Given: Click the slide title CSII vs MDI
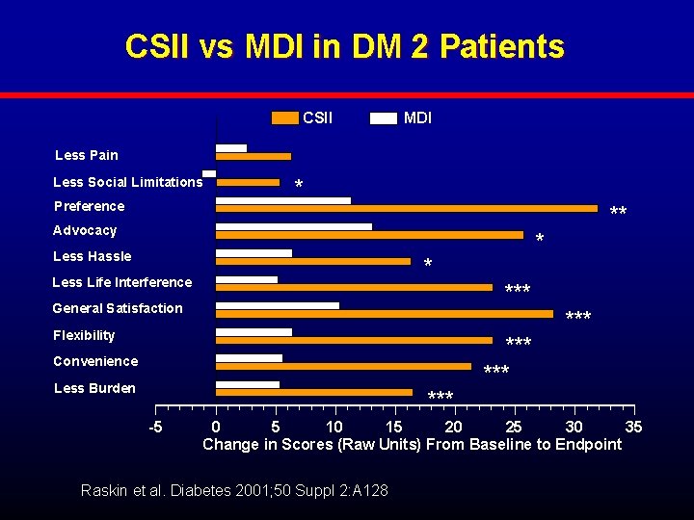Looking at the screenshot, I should click(344, 46).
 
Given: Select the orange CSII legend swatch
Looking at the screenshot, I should click(285, 118).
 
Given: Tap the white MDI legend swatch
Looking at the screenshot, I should click(384, 118).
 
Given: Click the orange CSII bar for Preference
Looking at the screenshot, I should click(406, 208).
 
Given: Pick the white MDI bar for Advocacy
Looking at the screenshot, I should click(293, 226).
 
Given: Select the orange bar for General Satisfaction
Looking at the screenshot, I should click(384, 313).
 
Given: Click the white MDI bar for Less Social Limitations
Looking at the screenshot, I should click(209, 173).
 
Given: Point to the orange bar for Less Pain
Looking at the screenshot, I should click(253, 156).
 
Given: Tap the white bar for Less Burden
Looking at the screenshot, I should click(247, 384).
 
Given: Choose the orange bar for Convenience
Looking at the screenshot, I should click(343, 366).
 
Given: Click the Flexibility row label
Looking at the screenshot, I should click(84, 335).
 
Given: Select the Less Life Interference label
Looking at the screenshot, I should click(121, 282).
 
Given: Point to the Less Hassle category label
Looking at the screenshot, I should click(92, 256).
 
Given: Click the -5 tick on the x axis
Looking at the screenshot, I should click(155, 427).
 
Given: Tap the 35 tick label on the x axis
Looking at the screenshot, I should click(633, 427).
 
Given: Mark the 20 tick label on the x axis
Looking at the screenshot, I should click(453, 427).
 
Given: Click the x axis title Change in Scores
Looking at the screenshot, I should click(412, 444).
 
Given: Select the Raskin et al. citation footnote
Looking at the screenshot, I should click(235, 491).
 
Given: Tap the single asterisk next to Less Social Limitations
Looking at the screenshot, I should click(299, 185).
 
